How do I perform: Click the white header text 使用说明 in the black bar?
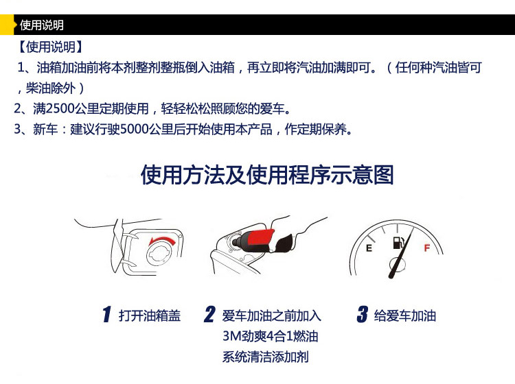click(x=42, y=25)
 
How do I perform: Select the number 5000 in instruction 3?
click(x=135, y=129)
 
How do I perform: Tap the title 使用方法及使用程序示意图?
click(x=267, y=174)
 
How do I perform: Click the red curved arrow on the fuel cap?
click(x=162, y=241)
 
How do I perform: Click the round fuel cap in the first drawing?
click(x=161, y=254)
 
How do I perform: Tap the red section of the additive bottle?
click(x=260, y=237)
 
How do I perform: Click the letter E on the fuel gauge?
click(x=369, y=248)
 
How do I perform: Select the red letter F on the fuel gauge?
click(x=426, y=248)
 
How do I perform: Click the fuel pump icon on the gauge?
click(x=398, y=242)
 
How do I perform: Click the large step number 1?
click(x=106, y=314)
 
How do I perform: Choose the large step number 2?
click(x=209, y=314)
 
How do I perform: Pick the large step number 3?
click(x=363, y=314)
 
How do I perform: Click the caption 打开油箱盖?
click(x=150, y=315)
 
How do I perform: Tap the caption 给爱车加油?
click(x=405, y=315)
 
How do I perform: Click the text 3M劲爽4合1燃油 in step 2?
click(x=271, y=336)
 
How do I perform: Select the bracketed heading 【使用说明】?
click(x=50, y=47)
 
